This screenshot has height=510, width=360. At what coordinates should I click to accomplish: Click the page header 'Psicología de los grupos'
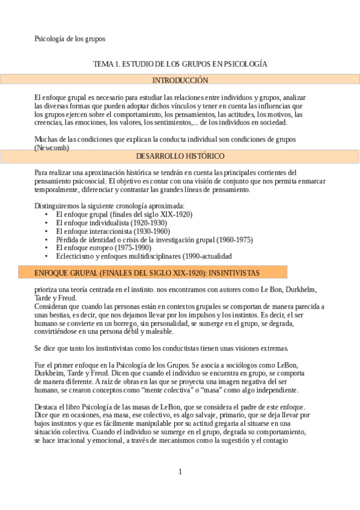[x=70, y=39]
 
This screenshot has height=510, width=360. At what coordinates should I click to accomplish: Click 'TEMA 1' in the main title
[x=106, y=64]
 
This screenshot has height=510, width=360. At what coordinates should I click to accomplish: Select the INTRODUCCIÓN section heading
[x=180, y=80]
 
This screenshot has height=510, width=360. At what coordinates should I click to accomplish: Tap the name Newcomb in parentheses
[x=52, y=147]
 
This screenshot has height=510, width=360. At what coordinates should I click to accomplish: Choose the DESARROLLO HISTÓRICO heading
[x=180, y=156]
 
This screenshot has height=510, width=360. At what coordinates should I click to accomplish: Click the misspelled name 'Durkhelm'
[x=310, y=289]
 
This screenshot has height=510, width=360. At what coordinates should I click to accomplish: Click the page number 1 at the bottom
[x=180, y=472]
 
